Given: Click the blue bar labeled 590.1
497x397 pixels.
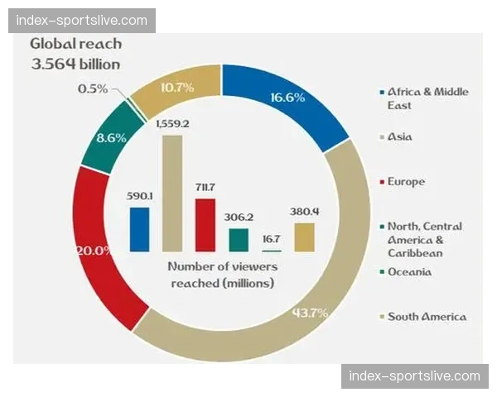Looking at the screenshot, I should [139, 229].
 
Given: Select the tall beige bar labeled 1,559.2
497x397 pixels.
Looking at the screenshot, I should [172, 193].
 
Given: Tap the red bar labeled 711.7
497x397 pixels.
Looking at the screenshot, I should [205, 224].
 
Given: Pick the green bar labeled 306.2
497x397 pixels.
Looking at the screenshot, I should [239, 240].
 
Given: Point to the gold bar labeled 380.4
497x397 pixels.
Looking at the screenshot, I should [304, 237].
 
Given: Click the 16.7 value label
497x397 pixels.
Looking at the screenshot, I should [271, 238].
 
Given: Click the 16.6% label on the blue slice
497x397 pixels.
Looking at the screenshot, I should [287, 97].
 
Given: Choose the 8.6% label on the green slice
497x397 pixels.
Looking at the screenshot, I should [111, 138].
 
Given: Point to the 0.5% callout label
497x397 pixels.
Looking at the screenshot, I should [93, 88].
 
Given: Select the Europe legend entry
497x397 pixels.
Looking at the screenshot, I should [405, 181].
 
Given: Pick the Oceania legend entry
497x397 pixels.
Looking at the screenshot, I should [408, 272].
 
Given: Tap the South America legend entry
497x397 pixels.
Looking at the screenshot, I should [426, 317].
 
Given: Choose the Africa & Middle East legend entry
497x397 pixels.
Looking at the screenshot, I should [427, 98].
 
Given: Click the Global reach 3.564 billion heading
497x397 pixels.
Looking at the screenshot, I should [75, 54].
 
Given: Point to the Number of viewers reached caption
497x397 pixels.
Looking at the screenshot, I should [222, 275].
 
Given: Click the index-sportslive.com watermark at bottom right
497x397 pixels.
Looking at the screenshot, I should [414, 376].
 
